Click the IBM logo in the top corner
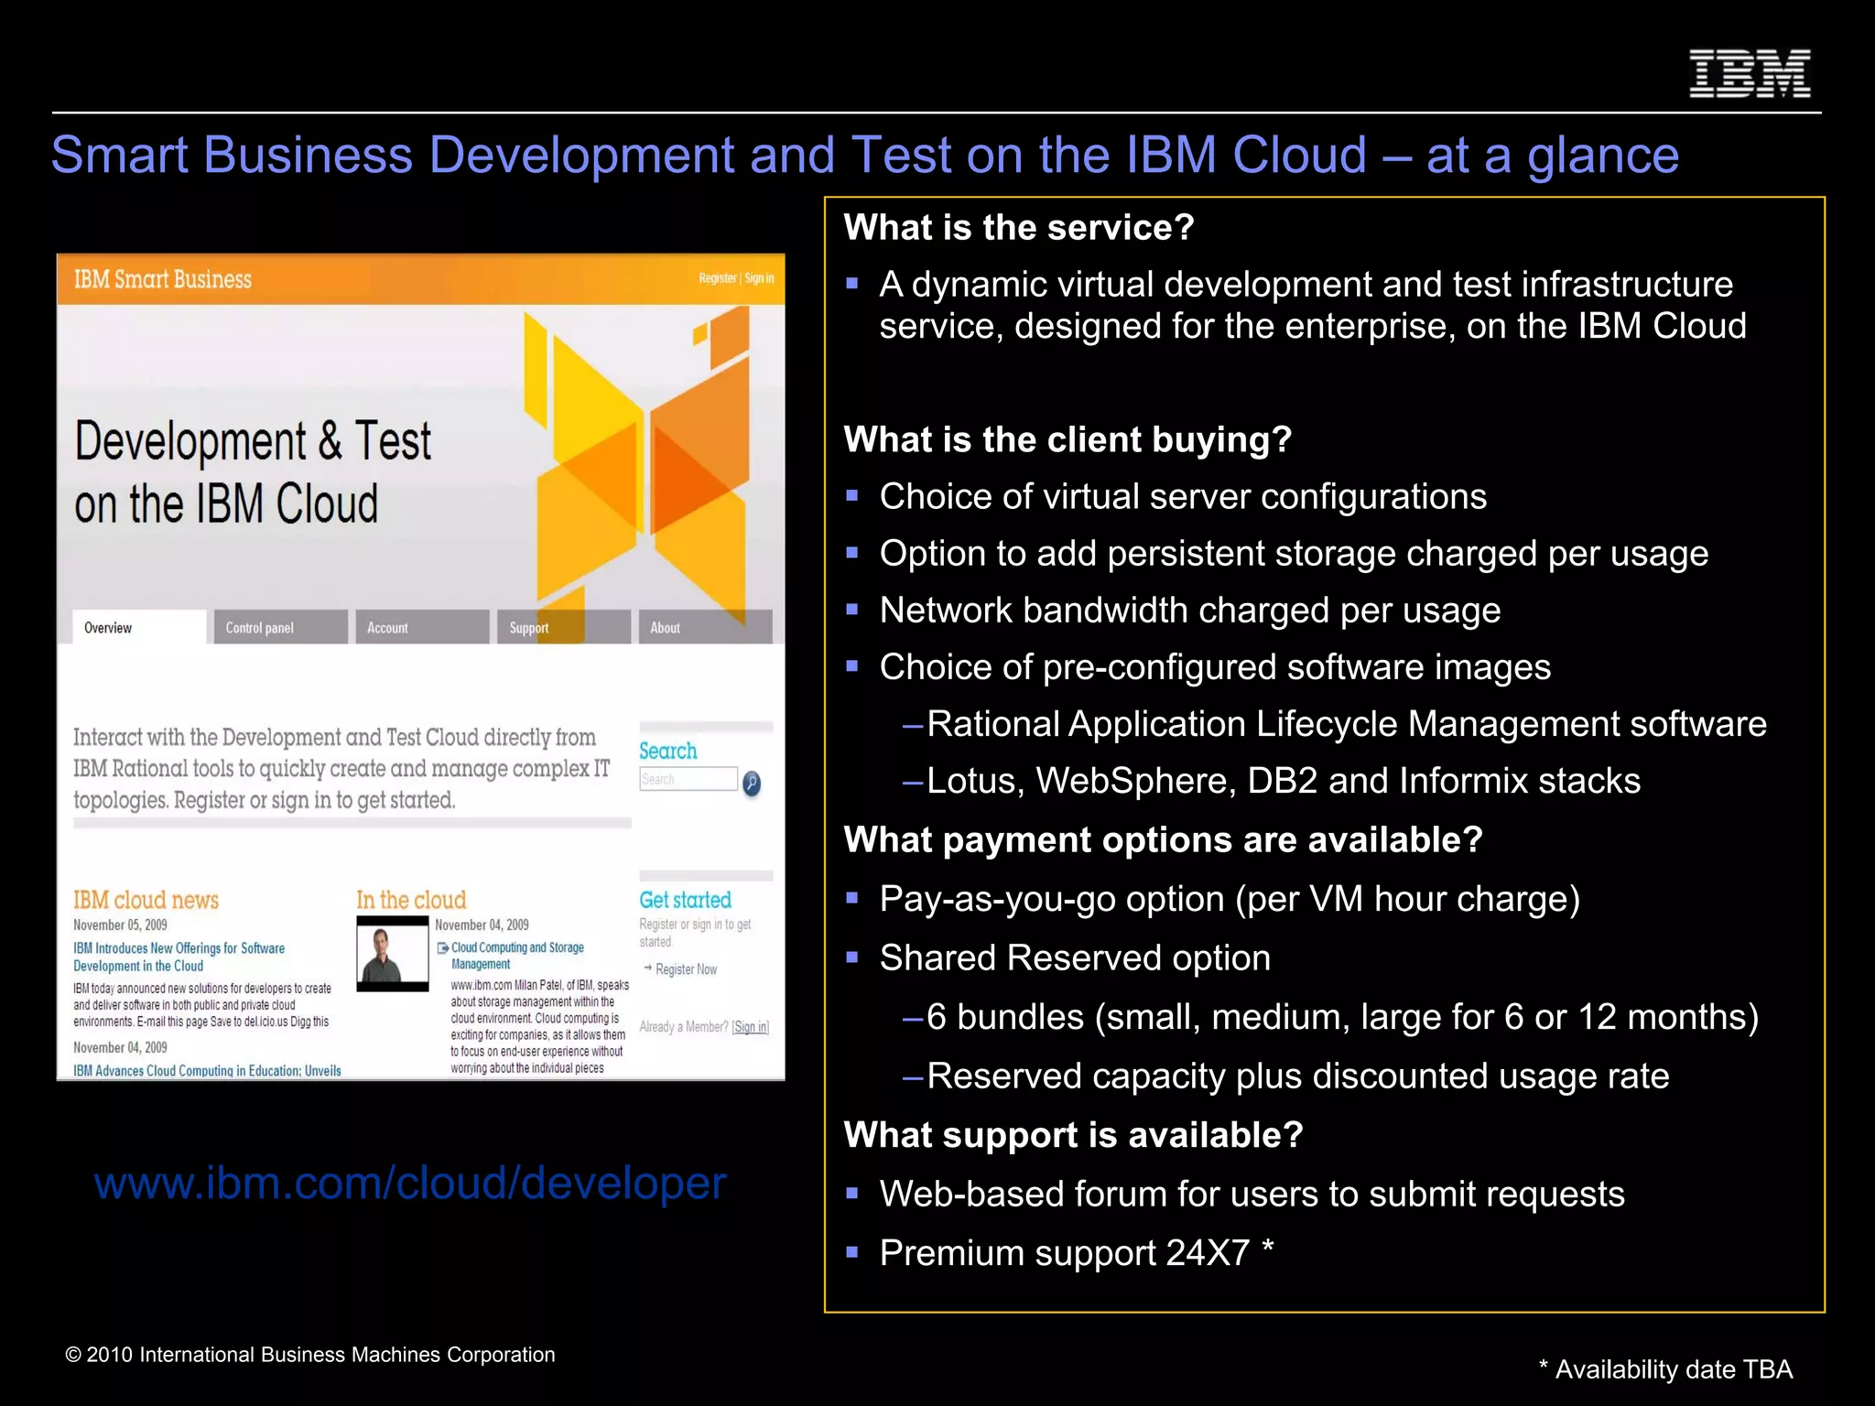[1750, 73]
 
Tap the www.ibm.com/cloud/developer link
[410, 1183]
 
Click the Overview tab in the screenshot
[138, 628]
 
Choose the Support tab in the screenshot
[562, 628]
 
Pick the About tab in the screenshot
[704, 628]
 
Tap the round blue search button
[752, 783]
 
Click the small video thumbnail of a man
[393, 954]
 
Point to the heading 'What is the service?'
[1019, 227]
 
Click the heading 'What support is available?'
[1073, 1135]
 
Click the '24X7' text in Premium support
[1207, 1253]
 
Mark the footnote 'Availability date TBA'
[1673, 1369]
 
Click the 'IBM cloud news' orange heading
[146, 900]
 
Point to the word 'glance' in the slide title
[1602, 155]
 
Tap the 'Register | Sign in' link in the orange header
[736, 278]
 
